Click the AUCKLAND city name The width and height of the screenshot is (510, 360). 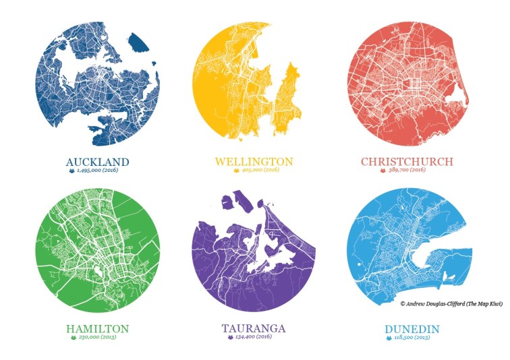pos(97,162)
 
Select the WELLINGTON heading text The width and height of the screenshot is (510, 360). pos(254,162)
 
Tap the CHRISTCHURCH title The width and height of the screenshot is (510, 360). pos(407,162)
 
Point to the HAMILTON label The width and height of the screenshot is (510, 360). pos(97,328)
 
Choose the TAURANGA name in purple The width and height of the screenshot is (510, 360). pos(254,328)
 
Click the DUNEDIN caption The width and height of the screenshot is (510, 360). pos(407,328)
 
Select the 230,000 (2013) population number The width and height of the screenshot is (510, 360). pos(103,337)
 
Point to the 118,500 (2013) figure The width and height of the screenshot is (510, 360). pos(412,337)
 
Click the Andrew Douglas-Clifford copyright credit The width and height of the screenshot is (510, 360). pos(451,304)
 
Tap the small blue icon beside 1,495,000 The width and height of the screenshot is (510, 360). pos(71,171)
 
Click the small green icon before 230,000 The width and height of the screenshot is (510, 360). pos(73,337)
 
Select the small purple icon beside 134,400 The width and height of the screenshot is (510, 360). pos(228,337)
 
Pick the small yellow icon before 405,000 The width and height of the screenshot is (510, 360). pos(237,171)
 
